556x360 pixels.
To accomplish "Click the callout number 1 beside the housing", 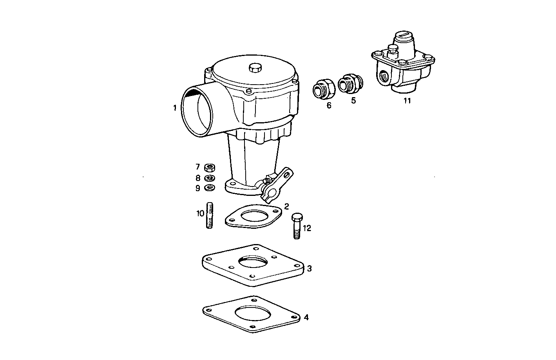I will [x=175, y=108].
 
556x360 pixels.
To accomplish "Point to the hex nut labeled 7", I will [x=210, y=168].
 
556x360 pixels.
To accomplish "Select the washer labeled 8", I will [x=210, y=178].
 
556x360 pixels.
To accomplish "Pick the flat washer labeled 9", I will [x=210, y=188].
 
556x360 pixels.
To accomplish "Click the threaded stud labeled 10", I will [x=210, y=215].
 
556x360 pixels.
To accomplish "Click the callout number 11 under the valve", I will [x=407, y=101].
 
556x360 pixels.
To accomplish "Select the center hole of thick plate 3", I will [x=253, y=261].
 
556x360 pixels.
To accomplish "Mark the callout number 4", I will [x=306, y=317].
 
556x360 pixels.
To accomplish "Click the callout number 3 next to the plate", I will [x=309, y=268].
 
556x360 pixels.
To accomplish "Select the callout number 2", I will [x=287, y=206].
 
